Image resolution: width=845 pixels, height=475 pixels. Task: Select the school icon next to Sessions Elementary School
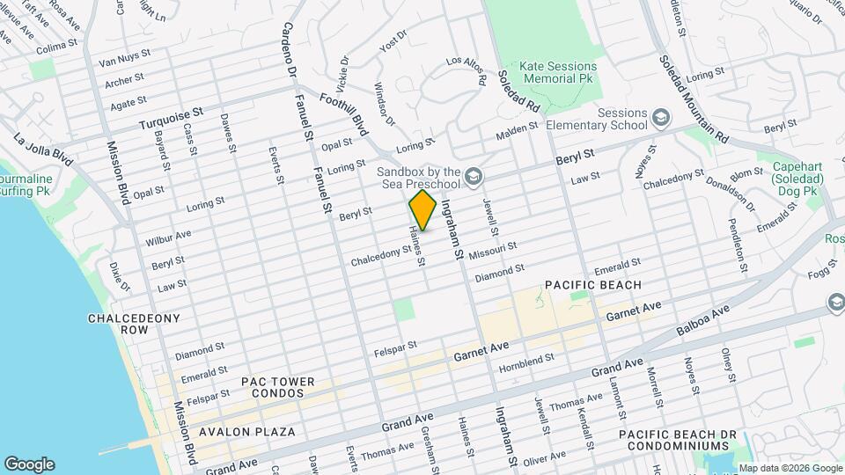[x=659, y=117]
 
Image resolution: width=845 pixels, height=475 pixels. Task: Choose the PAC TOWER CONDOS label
[x=273, y=388]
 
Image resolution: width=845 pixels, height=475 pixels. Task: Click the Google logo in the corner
[x=29, y=464]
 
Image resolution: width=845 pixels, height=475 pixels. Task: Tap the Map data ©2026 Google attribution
[x=789, y=468]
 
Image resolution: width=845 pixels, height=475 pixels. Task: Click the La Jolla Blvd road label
[x=43, y=150]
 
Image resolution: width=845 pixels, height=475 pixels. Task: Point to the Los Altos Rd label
[x=467, y=69]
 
